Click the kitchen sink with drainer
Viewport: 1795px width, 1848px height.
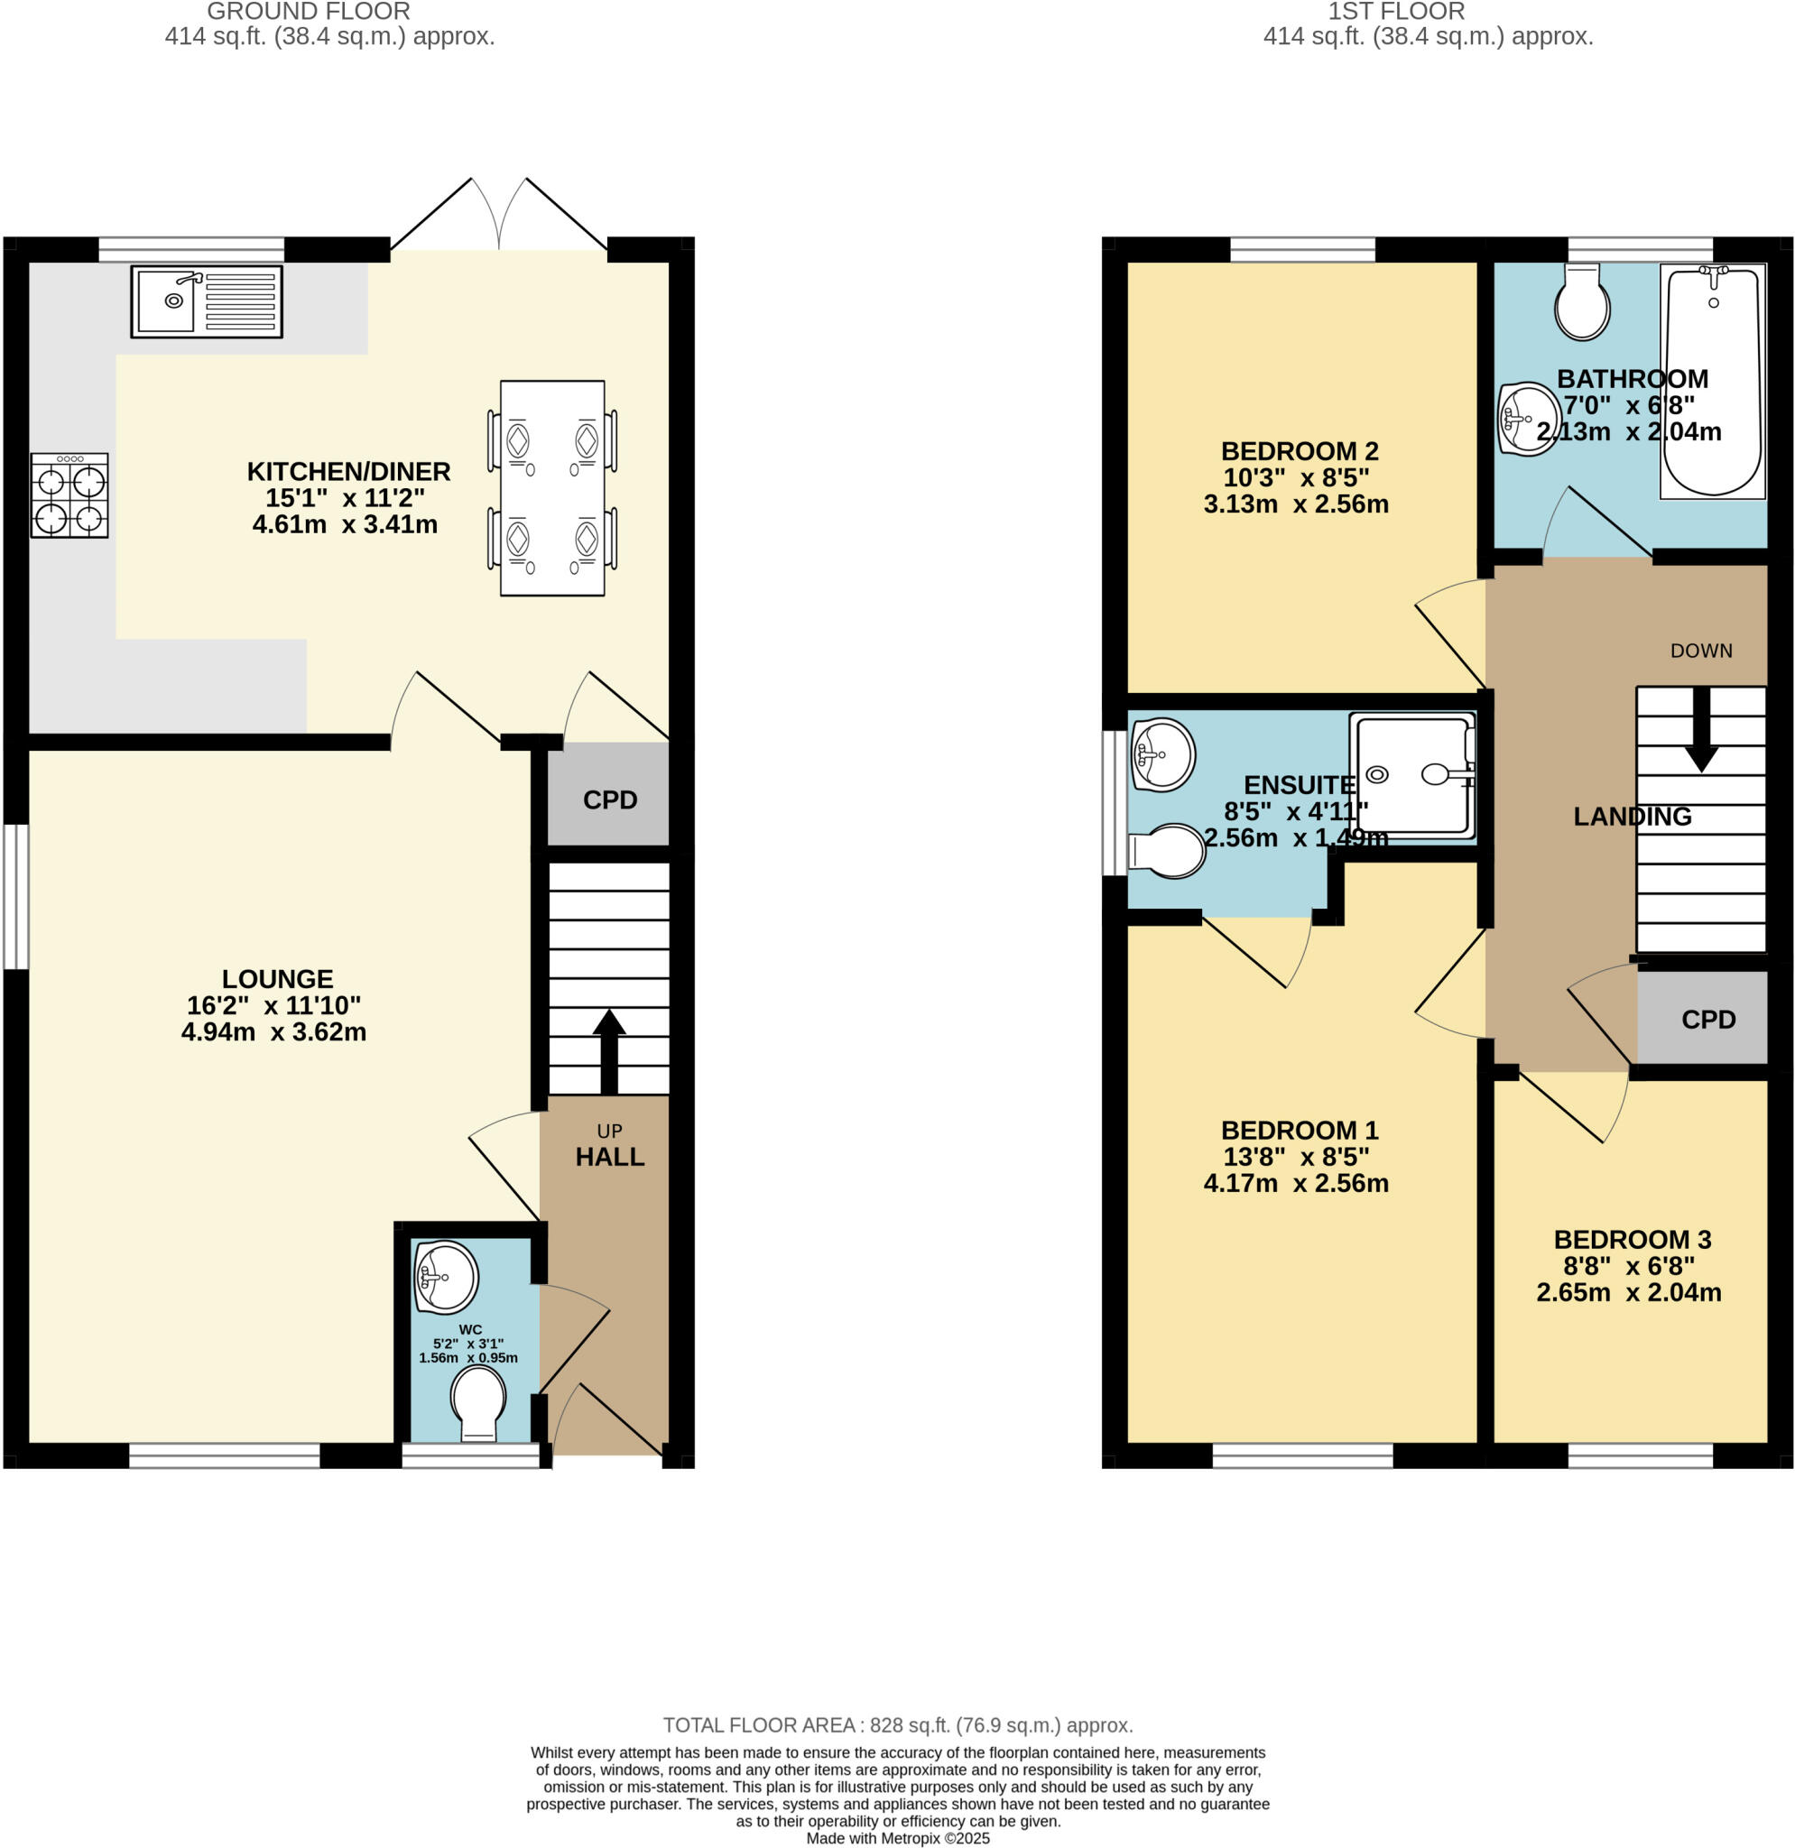(207, 301)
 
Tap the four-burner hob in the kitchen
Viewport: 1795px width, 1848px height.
(69, 495)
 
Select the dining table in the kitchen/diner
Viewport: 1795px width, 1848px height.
(552, 487)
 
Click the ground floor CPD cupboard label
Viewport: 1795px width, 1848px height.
(610, 799)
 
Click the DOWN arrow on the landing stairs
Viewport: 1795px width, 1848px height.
(1701, 731)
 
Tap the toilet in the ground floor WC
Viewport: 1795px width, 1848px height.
(478, 1402)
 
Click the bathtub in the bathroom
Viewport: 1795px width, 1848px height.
(1712, 381)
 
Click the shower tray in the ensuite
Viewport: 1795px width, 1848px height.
(1412, 774)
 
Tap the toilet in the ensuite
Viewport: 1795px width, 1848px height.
(1169, 852)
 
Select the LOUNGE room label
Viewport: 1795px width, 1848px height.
(277, 979)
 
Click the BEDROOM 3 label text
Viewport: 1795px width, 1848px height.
(1632, 1239)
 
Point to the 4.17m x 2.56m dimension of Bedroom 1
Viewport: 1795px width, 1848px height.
(1295, 1182)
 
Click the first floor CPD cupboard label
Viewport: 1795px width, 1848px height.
(1708, 1020)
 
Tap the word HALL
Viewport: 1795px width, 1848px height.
(610, 1157)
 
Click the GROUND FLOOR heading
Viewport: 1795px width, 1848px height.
(309, 13)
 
